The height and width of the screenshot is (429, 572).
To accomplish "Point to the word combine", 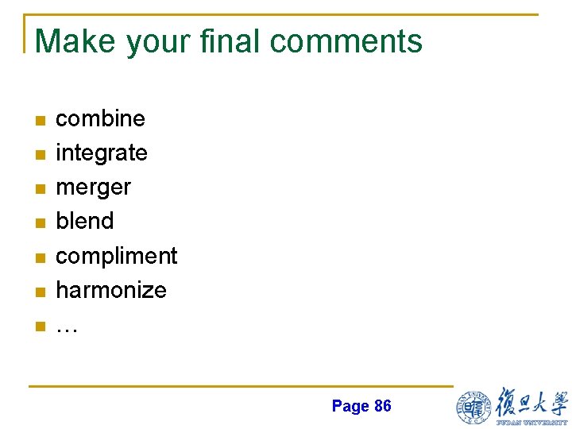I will tap(100, 118).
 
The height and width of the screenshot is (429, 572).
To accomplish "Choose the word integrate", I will tap(101, 153).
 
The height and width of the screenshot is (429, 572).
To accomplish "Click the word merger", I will tap(93, 187).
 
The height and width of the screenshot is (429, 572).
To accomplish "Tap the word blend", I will tap(84, 221).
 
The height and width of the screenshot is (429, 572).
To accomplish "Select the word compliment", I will tap(116, 256).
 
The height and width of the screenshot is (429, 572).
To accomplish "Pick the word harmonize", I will tap(110, 290).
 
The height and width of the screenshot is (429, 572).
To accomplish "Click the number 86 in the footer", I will tap(382, 406).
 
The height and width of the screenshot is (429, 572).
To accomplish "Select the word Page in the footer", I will tap(350, 407).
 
